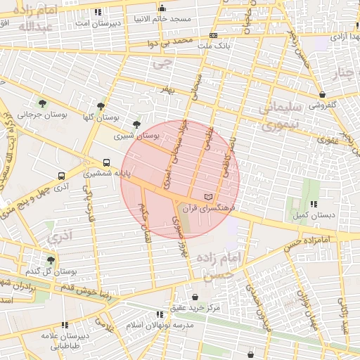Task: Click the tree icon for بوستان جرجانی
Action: coord(43,103)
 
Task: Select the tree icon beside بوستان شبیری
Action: coord(136,124)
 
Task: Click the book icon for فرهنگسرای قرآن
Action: coord(207,196)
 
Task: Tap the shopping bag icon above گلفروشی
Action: coord(322,94)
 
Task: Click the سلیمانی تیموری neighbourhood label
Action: coord(280,117)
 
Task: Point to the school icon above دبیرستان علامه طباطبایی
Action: coord(65,325)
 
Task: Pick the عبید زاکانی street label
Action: coord(344,314)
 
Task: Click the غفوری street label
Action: coord(327,139)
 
